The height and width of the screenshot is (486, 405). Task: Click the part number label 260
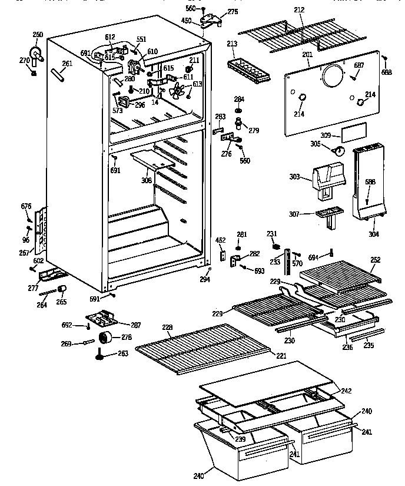pos(38,35)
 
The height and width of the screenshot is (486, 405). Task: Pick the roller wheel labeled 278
pos(106,338)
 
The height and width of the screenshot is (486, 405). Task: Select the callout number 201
pos(307,55)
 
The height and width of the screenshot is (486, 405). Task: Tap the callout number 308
pos(146,180)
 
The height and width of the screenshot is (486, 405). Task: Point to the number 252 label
pos(375,259)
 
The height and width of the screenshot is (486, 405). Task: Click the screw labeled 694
pos(331,253)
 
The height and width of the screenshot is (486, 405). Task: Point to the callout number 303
pos(296,177)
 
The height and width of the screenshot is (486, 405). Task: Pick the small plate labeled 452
pos(223,253)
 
